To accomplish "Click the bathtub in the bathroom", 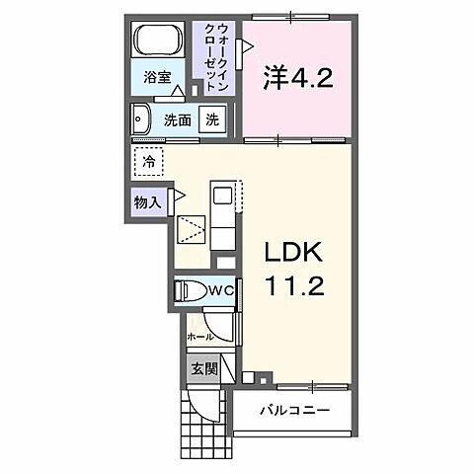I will [158, 41].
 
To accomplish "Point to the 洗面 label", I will [178, 119].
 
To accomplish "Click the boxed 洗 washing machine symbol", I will [211, 118].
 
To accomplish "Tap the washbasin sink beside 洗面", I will [139, 119].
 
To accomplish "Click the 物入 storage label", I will [148, 201].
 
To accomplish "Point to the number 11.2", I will [292, 290].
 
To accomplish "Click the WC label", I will [219, 290].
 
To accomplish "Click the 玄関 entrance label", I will [201, 369].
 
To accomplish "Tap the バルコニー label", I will [292, 410].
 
